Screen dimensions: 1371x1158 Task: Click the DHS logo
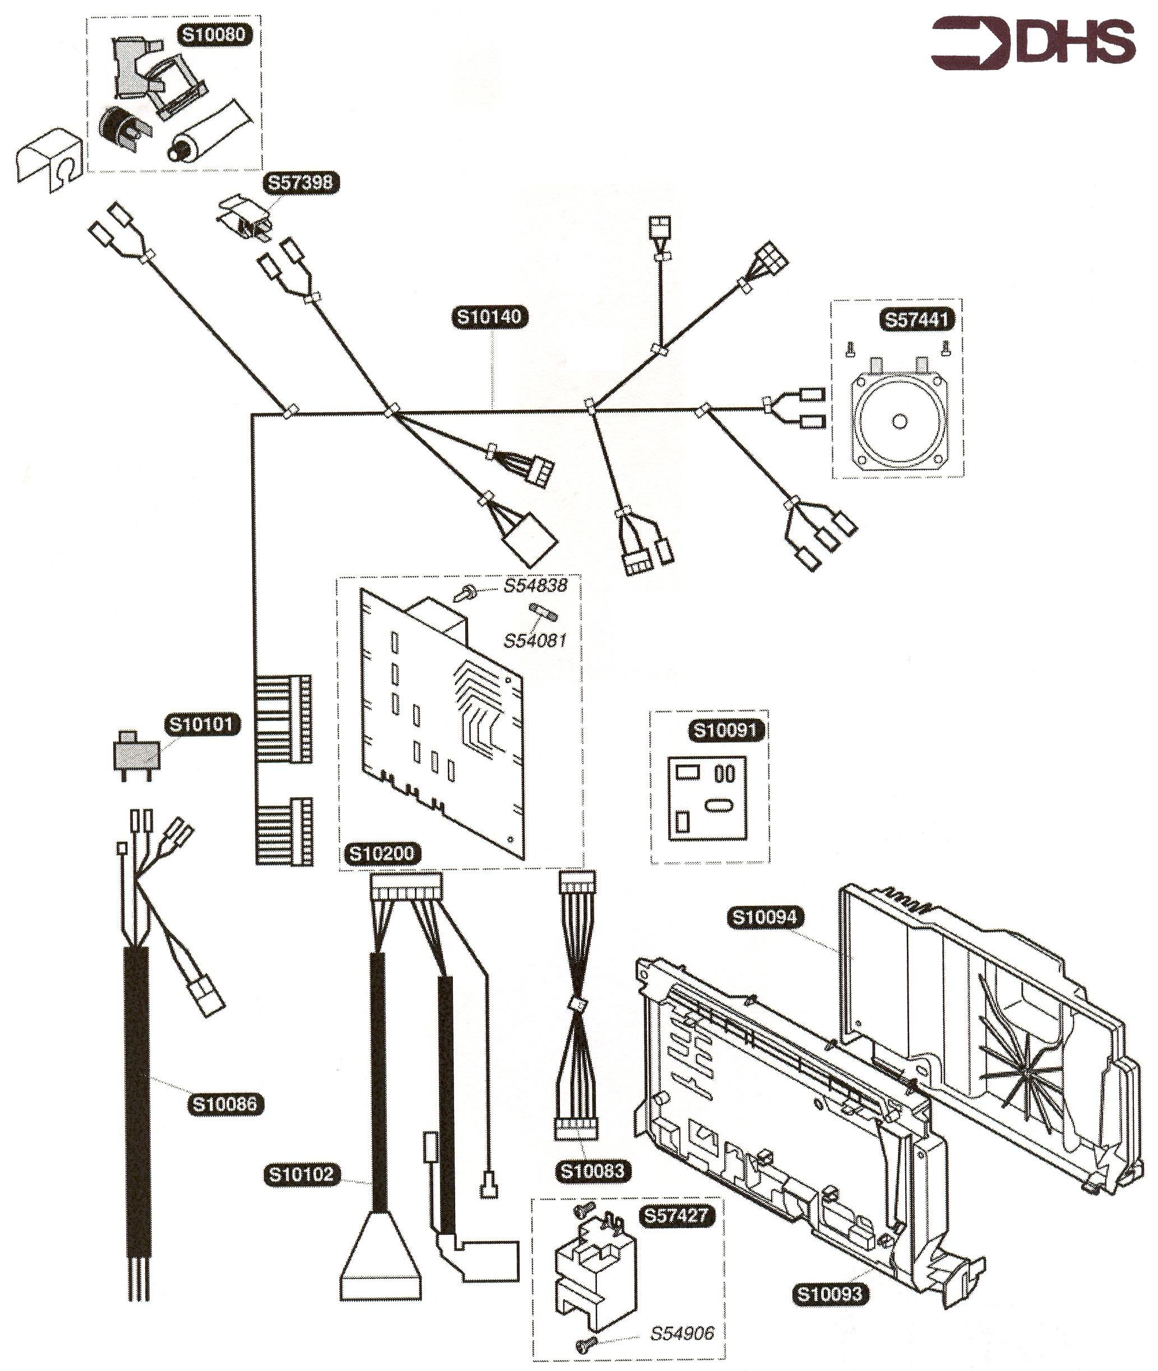tap(1032, 43)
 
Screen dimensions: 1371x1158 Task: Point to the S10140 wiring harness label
tap(490, 317)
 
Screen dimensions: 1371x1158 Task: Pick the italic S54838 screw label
tap(536, 585)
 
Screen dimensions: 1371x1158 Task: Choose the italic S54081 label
tap(535, 640)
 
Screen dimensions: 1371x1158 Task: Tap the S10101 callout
tap(202, 724)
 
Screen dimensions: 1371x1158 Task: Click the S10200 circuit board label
tap(381, 853)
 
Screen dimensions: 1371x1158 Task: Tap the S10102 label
tap(302, 1173)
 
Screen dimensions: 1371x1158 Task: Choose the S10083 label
tap(592, 1171)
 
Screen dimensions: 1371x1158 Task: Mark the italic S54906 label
tap(682, 1333)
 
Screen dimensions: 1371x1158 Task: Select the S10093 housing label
tap(829, 1294)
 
